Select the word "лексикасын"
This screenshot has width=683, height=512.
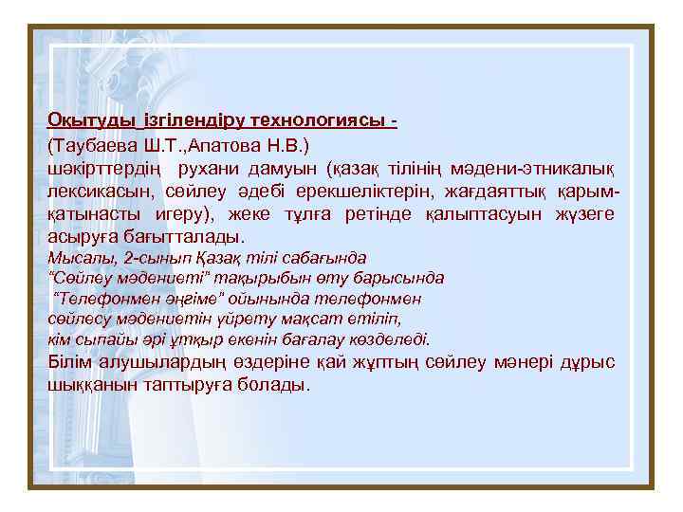pos(99,192)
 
